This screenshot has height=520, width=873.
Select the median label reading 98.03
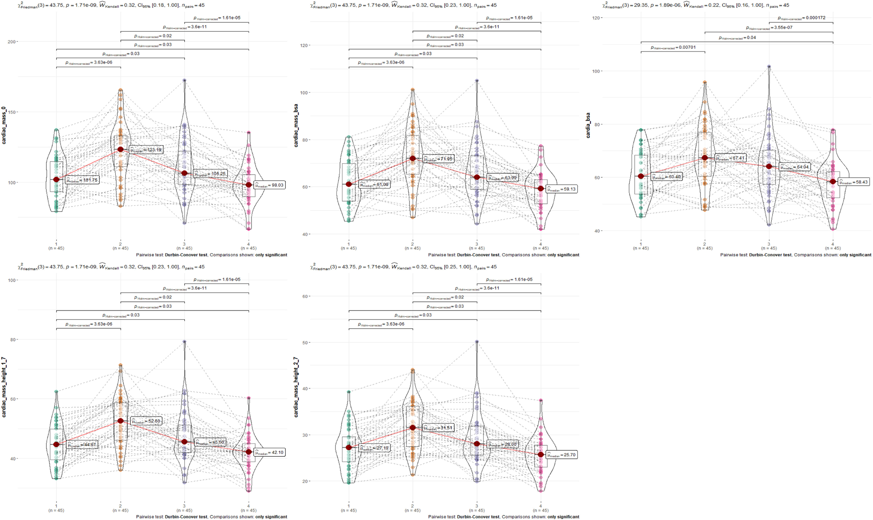[x=269, y=185]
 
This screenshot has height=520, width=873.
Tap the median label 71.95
[x=438, y=159]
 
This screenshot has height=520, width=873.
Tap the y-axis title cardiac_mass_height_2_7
[x=296, y=387]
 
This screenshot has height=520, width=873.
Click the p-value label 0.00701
[x=673, y=47]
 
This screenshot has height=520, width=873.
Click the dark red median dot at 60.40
[x=641, y=176]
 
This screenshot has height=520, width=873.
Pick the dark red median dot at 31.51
[x=413, y=428]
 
